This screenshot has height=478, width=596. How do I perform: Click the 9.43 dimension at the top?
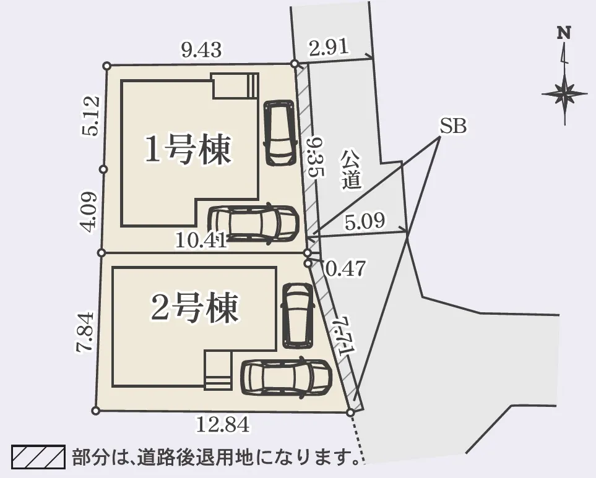point(201,49)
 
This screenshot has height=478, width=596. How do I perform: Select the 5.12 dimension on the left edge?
point(90,116)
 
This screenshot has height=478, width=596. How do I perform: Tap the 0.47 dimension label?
point(345,268)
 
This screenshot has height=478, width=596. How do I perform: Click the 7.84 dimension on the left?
point(85,331)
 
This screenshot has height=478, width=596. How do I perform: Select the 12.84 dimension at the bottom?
point(223,425)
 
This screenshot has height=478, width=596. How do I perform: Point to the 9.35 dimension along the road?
point(315,158)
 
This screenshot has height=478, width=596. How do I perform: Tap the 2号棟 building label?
point(194,309)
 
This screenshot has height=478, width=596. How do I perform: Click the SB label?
point(453,127)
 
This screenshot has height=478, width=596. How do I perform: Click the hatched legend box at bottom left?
point(38,458)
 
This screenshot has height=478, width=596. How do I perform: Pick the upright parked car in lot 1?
point(279,132)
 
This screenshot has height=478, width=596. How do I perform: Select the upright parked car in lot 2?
point(298,314)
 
